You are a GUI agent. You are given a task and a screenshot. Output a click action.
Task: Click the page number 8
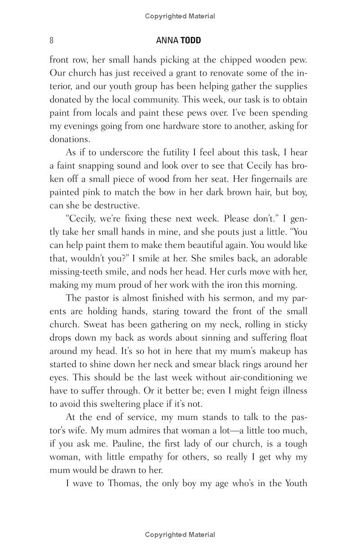click(x=51, y=41)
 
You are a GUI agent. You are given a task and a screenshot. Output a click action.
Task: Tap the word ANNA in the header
click(x=167, y=41)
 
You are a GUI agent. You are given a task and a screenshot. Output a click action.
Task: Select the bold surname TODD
click(x=191, y=41)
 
